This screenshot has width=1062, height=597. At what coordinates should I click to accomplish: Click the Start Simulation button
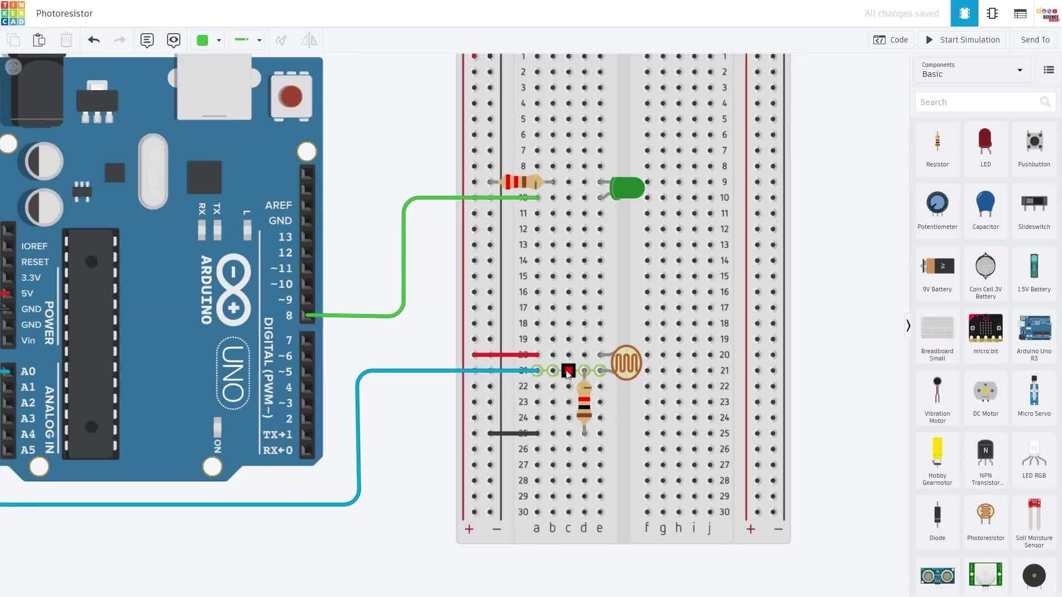(x=962, y=40)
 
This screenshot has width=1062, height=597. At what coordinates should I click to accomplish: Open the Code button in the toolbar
(x=891, y=40)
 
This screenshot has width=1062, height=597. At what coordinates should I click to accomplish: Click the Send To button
(x=1035, y=40)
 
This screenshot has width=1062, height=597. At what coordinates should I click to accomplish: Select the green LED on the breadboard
(x=627, y=188)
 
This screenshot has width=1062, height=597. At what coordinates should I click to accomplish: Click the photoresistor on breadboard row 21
(x=626, y=363)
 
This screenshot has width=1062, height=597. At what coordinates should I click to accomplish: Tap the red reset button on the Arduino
(x=290, y=97)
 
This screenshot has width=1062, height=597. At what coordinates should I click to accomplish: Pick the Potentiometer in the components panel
(x=937, y=205)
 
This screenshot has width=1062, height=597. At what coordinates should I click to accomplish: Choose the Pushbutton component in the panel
(x=1034, y=143)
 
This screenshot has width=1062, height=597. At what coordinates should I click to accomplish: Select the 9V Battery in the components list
(x=937, y=267)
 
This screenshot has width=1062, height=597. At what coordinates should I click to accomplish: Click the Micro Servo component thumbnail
(x=1034, y=391)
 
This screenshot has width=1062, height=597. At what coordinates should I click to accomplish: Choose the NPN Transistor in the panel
(x=985, y=453)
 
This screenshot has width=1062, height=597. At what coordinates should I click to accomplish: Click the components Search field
(x=976, y=102)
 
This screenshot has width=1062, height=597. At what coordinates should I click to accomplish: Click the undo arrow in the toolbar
(x=93, y=40)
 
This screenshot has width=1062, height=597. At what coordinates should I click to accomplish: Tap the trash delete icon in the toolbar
(x=66, y=40)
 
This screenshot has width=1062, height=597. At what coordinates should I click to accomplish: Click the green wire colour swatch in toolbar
(x=202, y=40)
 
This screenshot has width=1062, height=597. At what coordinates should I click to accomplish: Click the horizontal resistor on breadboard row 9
(x=520, y=182)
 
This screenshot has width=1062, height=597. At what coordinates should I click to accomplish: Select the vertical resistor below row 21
(x=584, y=402)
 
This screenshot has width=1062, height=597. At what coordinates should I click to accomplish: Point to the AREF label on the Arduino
(x=278, y=205)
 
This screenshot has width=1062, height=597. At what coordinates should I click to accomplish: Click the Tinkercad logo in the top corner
(x=13, y=13)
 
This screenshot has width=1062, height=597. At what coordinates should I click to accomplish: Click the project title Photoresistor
(x=64, y=13)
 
